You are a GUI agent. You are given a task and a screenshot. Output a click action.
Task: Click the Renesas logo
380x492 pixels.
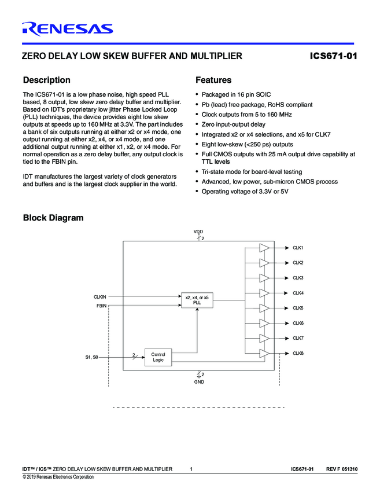tap(67, 28)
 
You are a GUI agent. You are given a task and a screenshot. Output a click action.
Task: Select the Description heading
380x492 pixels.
tap(46, 80)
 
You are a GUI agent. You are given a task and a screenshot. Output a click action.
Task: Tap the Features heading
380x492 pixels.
tap(213, 80)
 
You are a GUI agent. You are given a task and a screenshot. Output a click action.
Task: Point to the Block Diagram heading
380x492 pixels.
tap(53, 218)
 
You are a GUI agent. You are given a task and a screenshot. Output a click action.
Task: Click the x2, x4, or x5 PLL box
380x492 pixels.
tap(197, 299)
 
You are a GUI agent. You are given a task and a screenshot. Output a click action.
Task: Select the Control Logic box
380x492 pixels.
tap(158, 357)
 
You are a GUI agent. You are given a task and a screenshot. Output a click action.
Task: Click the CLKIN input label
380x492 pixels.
tap(99, 296)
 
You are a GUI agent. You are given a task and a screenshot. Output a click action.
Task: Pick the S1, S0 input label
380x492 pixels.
tap(91, 357)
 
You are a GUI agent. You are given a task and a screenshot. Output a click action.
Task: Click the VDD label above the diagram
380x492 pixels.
tap(198, 232)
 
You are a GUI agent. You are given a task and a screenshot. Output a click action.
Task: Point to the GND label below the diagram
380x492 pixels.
tap(198, 382)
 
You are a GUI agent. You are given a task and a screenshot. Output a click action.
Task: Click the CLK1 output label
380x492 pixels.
tap(298, 248)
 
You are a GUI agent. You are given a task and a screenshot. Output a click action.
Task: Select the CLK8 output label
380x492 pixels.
tap(298, 353)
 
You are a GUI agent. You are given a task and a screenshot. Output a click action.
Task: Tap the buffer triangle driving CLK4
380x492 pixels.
tap(264, 293)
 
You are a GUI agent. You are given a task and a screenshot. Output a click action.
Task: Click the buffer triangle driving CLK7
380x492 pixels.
tap(264, 338)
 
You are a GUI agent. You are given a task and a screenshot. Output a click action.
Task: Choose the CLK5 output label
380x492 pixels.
tap(298, 308)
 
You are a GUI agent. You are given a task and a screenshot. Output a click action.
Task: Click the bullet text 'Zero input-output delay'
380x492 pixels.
tap(233, 124)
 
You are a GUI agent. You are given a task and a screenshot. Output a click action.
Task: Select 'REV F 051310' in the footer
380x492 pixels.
tap(342, 468)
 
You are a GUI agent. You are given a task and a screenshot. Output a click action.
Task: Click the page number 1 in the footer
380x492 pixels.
tap(191, 468)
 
